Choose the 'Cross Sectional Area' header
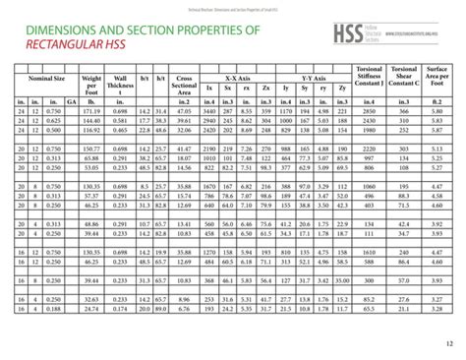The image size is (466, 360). click(183, 85)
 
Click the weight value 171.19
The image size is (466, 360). click(92, 113)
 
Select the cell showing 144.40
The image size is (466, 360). click(92, 121)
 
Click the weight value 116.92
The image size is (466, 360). click(92, 130)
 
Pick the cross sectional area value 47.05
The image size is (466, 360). click(183, 113)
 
